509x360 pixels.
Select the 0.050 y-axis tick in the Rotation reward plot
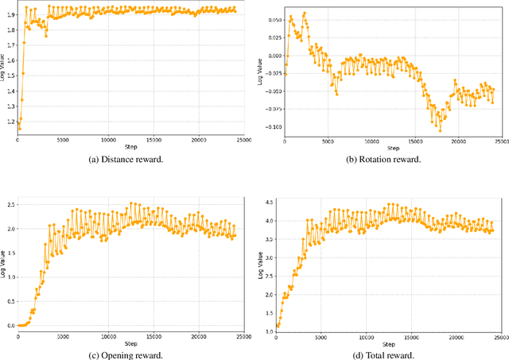click(x=271, y=20)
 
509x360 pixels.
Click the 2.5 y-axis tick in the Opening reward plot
click(x=9, y=204)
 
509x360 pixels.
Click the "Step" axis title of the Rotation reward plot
click(x=390, y=149)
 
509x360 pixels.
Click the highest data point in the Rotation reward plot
click(x=305, y=14)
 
